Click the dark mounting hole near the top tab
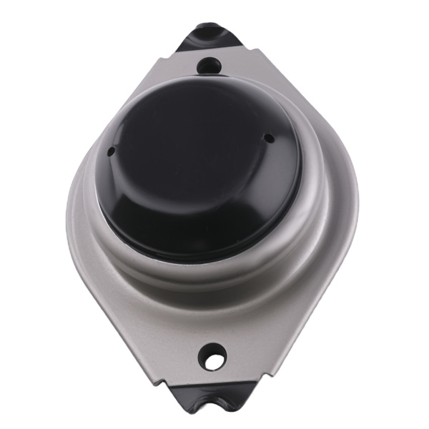pyautogui.click(x=208, y=66)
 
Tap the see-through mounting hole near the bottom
pyautogui.click(x=213, y=355)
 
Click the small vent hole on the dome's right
pyautogui.click(x=268, y=137)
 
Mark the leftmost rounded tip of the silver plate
pyautogui.click(x=69, y=214)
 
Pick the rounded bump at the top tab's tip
pyautogui.click(x=209, y=27)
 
